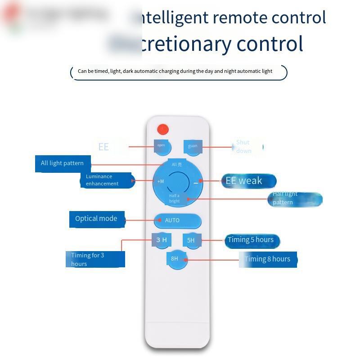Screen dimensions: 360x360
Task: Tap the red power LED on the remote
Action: (x=163, y=130)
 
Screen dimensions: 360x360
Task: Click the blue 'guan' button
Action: (x=193, y=146)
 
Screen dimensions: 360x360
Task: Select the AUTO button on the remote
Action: (x=177, y=220)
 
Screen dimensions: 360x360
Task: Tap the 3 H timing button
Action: (x=162, y=240)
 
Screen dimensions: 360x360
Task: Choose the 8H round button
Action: (x=177, y=259)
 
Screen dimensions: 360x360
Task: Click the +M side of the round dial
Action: (x=161, y=181)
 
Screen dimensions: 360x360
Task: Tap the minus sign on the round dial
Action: (x=196, y=183)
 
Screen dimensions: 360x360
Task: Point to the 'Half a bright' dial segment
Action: (x=175, y=198)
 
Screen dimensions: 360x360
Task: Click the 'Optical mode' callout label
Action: (x=96, y=219)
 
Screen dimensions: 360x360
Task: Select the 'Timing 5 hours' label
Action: (x=251, y=240)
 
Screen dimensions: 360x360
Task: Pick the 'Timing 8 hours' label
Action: (x=268, y=259)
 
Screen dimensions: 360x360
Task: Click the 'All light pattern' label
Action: (x=63, y=163)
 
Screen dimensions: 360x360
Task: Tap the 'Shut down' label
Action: (x=244, y=147)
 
